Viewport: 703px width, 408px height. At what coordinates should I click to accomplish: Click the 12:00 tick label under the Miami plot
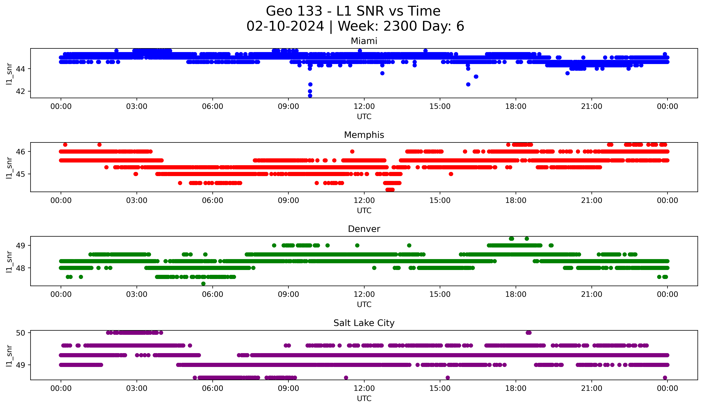(364, 107)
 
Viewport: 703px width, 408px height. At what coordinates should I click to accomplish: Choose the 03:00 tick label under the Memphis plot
(137, 201)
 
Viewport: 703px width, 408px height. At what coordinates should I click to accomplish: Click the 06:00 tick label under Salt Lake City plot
(213, 388)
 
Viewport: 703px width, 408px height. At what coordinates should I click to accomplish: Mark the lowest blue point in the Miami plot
(310, 96)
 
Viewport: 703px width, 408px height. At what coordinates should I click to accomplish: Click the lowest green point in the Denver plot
(203, 284)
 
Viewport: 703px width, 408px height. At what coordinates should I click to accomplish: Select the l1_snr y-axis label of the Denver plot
(9, 261)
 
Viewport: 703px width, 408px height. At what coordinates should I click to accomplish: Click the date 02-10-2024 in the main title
(285, 26)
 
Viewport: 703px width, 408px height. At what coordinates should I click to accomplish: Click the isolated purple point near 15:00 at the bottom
(448, 378)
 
